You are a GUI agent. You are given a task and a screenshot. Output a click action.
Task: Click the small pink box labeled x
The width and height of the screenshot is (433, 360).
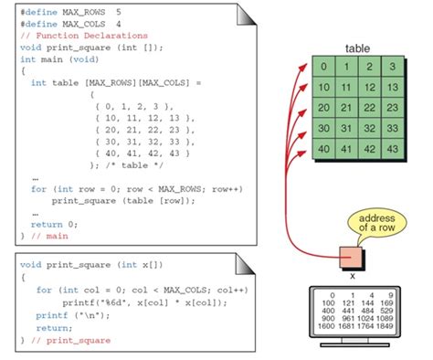351,256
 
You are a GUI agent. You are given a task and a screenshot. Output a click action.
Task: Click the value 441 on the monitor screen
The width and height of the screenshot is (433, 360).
347,310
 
